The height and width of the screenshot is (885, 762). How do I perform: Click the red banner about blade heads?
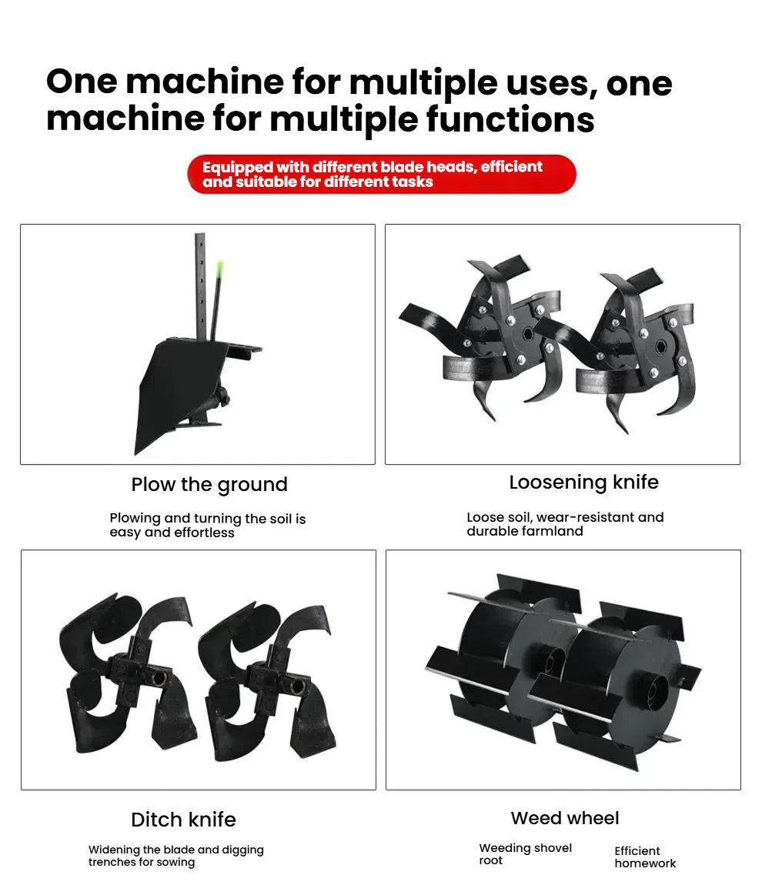(x=382, y=175)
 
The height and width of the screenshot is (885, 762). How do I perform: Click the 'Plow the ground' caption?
(x=209, y=485)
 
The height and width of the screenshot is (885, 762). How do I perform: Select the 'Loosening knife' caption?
(x=583, y=483)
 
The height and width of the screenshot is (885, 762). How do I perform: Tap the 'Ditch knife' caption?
(x=183, y=820)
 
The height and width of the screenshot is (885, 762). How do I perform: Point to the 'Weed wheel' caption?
(x=565, y=818)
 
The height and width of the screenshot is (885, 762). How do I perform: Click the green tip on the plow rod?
(x=219, y=269)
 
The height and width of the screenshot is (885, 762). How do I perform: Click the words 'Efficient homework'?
(x=645, y=857)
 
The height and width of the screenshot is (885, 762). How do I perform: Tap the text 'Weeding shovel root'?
(x=526, y=854)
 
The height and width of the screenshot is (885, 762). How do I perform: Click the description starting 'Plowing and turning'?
(x=208, y=526)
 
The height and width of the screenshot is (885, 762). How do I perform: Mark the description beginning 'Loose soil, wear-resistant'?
(x=565, y=524)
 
